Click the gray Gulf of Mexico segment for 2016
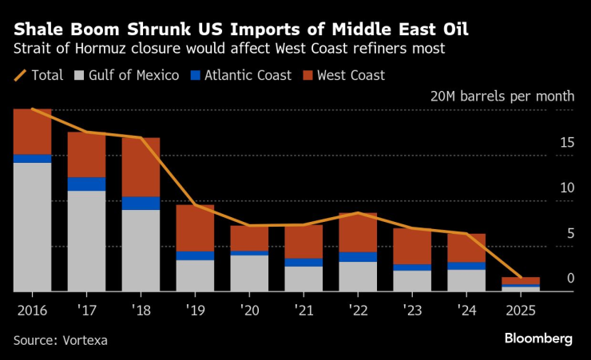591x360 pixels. coord(32,227)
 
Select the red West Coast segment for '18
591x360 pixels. coord(141,167)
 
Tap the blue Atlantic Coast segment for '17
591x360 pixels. coord(86,184)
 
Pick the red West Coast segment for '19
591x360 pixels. coord(195,228)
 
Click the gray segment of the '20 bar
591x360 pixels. coord(249,273)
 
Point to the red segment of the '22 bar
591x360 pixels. coord(358,232)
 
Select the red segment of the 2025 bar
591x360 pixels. coord(521,280)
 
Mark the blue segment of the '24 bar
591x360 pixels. coord(466,266)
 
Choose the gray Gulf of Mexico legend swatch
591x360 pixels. coord(79,76)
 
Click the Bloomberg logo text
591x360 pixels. coord(538,338)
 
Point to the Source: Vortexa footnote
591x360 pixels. coord(60,340)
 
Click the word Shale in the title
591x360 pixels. coord(38,30)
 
